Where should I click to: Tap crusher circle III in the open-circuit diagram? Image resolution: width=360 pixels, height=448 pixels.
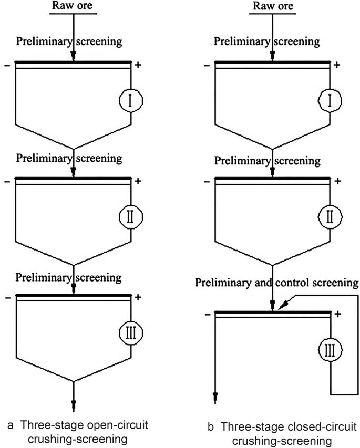click(x=131, y=332)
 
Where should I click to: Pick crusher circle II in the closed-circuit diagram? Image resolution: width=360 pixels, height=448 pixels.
click(x=331, y=215)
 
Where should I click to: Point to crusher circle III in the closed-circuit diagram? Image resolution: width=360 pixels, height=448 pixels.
click(x=331, y=348)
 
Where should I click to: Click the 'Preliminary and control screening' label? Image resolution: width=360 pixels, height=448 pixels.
click(x=276, y=283)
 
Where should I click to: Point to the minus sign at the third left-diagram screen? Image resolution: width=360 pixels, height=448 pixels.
click(x=9, y=298)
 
